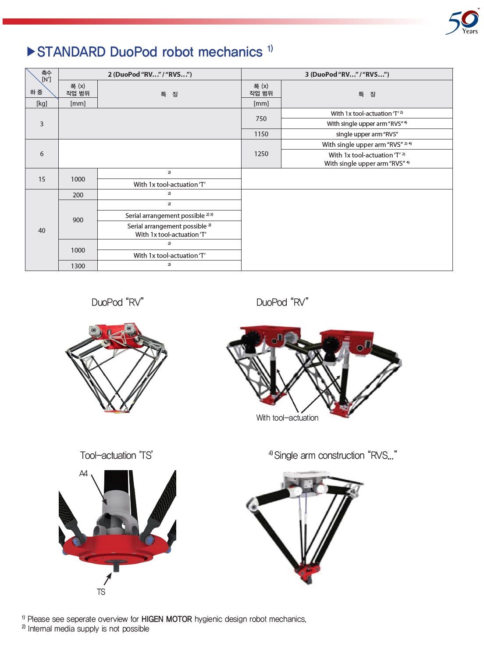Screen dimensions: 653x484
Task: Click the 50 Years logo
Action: click(463, 22)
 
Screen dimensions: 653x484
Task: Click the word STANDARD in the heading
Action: click(71, 52)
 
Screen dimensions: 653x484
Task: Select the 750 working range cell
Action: click(261, 118)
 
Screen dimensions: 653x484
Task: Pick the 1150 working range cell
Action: click(261, 134)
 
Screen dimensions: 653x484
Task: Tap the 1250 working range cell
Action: click(261, 154)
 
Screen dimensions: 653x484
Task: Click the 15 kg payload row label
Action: click(42, 179)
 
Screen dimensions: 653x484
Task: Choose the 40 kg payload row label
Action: click(42, 230)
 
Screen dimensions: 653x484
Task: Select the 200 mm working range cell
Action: click(78, 195)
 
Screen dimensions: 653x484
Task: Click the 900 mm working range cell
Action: click(78, 220)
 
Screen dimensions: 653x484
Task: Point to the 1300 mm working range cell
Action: click(78, 266)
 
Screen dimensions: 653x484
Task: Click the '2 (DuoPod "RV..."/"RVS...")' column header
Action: click(149, 74)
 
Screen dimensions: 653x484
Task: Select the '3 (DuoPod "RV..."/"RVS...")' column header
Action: click(347, 74)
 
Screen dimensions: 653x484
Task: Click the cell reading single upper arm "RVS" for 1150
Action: click(367, 134)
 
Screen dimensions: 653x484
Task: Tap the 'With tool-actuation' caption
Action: click(287, 418)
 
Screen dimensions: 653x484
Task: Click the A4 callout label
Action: click(83, 473)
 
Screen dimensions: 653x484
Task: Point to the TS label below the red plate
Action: click(101, 592)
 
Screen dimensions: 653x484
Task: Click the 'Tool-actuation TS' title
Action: click(116, 456)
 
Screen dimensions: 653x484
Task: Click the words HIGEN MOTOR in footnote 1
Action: click(167, 619)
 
